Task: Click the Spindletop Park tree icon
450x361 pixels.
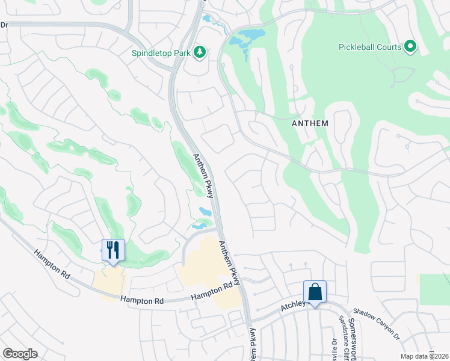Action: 200,53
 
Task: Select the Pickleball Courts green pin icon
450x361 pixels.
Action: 411,46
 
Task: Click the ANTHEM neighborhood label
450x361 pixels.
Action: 310,123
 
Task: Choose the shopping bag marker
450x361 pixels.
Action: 315,292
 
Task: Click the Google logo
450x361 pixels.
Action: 20,354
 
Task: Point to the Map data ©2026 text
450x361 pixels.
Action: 425,356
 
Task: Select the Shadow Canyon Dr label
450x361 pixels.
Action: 377,321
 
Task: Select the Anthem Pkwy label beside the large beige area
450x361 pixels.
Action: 230,263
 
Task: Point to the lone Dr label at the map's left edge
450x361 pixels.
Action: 4,25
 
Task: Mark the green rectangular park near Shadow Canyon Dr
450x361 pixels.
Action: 434,289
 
